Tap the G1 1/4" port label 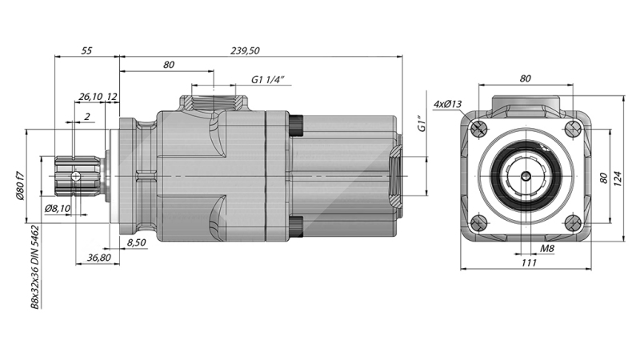click(x=269, y=80)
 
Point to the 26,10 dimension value click(x=89, y=97)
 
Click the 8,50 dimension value click(x=136, y=241)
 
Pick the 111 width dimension click(x=527, y=263)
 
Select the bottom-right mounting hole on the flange click(x=572, y=222)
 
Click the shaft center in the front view click(x=526, y=176)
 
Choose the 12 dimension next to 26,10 click(x=112, y=97)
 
